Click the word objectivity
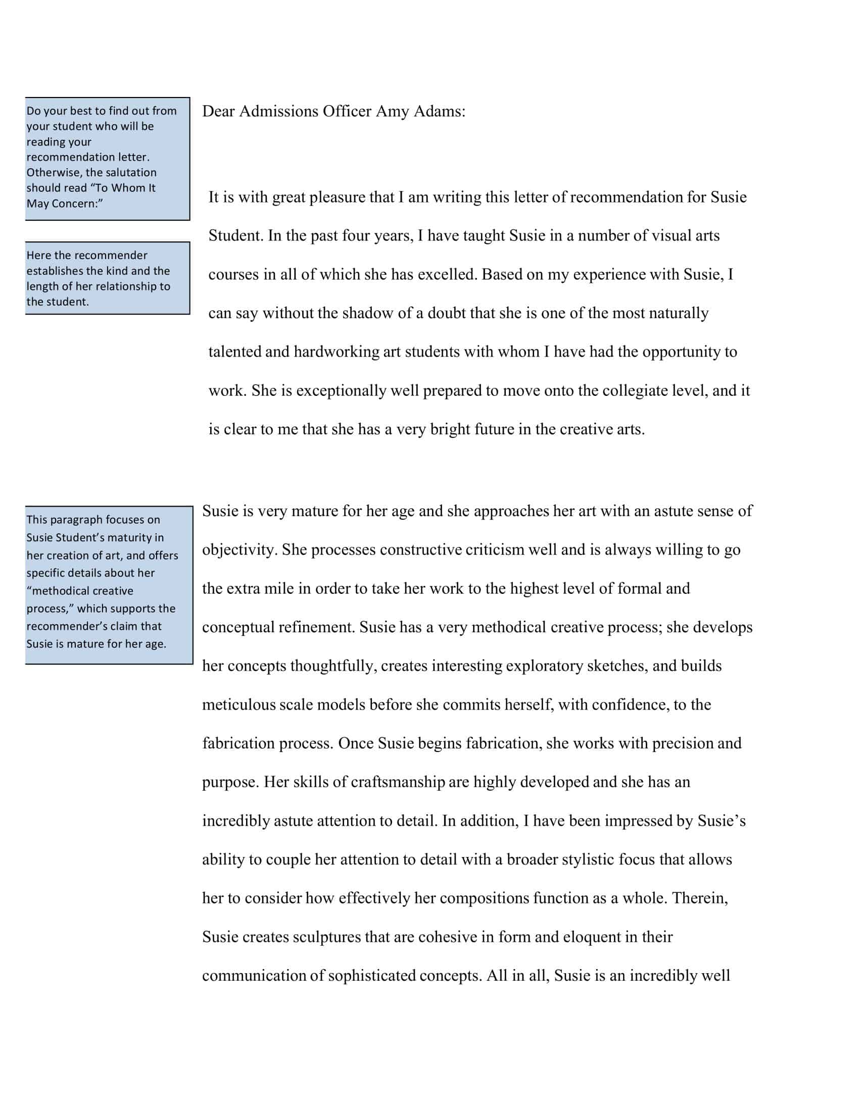pos(238,550)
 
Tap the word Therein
pos(699,898)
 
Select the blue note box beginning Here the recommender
pos(107,278)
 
